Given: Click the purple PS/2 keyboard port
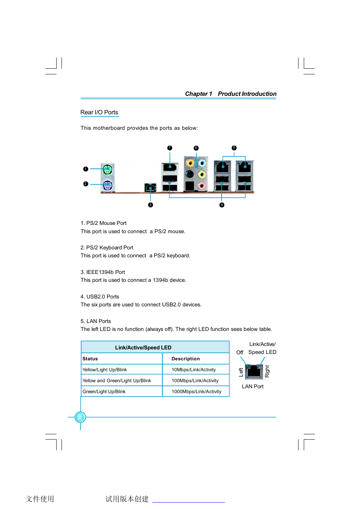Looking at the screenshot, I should (x=108, y=185).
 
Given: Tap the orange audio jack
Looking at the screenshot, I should (x=190, y=163).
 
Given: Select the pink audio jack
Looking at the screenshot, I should (x=202, y=185).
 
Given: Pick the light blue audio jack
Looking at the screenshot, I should (x=202, y=163).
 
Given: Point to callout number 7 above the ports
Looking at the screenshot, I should (x=170, y=148).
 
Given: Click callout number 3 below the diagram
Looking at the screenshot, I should (x=151, y=205).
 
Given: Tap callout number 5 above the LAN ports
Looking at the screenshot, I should (x=234, y=148).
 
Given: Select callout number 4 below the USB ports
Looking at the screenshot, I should (x=222, y=205).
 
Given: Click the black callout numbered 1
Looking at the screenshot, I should (x=86, y=169).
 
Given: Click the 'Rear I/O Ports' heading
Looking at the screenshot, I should (x=99, y=112).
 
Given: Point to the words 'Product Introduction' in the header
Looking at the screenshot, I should (x=247, y=94).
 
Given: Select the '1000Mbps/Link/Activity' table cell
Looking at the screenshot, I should (x=196, y=392).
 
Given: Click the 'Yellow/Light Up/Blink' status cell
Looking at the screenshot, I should (x=105, y=370).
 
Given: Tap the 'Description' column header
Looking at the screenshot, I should (x=186, y=359).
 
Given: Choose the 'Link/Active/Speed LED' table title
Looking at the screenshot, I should (x=143, y=348).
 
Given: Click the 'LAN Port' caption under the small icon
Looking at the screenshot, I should (x=253, y=386).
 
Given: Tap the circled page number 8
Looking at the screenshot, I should (x=80, y=417).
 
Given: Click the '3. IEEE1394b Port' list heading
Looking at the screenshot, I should (x=103, y=272).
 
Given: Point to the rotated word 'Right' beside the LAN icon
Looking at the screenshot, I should (x=267, y=371).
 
